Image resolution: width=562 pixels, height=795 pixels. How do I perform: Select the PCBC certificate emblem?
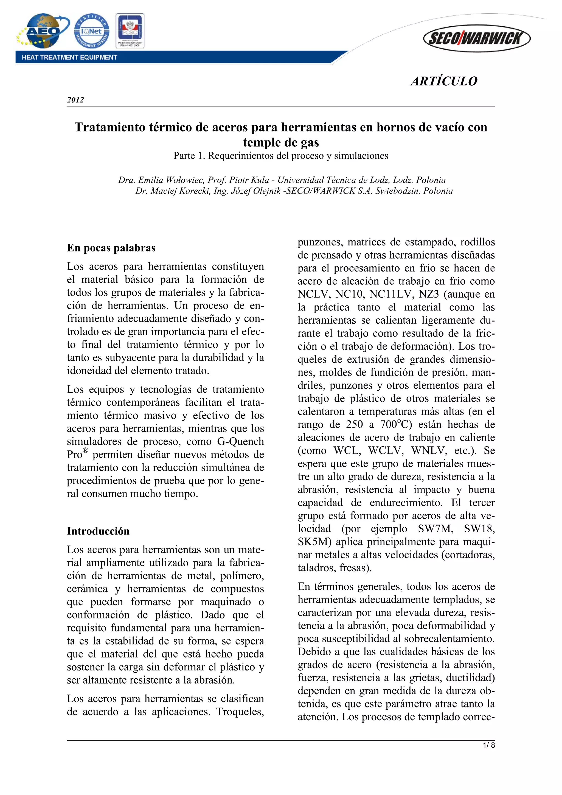[130, 30]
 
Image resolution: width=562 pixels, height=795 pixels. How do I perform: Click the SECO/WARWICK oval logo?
[477, 38]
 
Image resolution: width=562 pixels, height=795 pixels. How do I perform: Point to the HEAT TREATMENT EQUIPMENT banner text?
[69, 57]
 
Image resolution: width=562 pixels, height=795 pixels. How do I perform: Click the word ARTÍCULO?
[444, 81]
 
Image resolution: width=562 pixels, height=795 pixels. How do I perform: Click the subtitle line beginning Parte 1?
[281, 156]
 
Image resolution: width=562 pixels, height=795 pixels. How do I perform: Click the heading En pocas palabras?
[111, 248]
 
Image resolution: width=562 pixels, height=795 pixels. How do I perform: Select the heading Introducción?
[98, 531]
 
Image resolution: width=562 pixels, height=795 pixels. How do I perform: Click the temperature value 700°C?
[395, 424]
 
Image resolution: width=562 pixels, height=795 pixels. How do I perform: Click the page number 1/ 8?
[489, 746]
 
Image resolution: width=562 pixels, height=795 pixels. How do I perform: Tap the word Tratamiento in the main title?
[110, 127]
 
